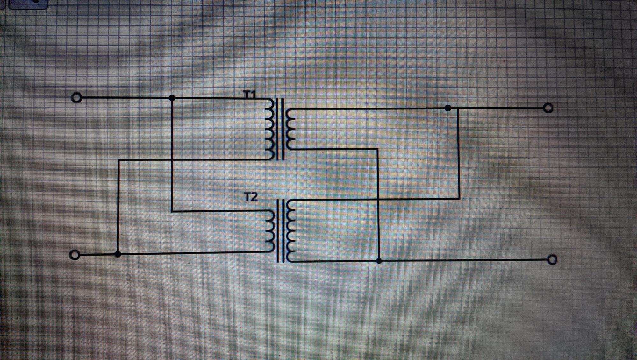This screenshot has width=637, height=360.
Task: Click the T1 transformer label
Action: (250, 94)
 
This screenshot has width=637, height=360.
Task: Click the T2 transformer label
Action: (251, 197)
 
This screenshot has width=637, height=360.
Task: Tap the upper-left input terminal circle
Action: (76, 97)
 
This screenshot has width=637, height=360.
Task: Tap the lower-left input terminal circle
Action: (75, 255)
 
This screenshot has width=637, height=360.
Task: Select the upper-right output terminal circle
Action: (548, 108)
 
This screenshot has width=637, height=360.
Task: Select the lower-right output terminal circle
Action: (552, 260)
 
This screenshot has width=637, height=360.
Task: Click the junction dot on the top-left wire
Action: (172, 98)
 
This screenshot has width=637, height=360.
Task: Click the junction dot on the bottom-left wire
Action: (118, 254)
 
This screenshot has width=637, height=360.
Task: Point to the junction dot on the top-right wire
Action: (448, 109)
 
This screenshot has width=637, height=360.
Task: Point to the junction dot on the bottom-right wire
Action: (379, 261)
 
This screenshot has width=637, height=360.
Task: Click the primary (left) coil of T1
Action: (270, 129)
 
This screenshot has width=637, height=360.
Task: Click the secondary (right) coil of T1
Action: (290, 129)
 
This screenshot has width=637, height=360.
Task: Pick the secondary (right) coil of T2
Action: (290, 231)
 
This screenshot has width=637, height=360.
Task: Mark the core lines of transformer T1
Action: (280, 129)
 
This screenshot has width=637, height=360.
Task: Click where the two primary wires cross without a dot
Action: (172, 159)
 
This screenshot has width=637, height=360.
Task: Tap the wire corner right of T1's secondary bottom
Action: (378, 149)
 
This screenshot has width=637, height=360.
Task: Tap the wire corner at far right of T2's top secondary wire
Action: (459, 199)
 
